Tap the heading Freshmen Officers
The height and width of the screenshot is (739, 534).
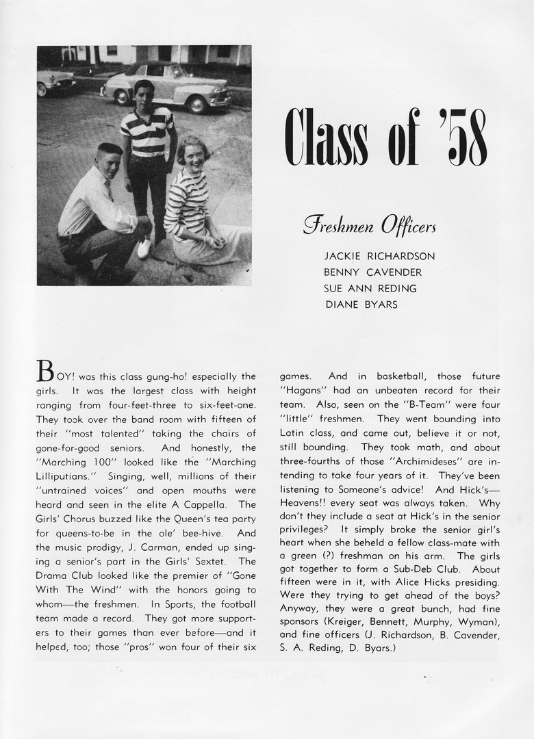pyautogui.click(x=369, y=225)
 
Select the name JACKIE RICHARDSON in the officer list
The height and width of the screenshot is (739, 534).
pyautogui.click(x=379, y=257)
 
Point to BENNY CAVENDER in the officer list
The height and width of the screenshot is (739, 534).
pyautogui.click(x=372, y=272)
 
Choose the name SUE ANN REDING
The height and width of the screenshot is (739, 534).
pyautogui.click(x=370, y=288)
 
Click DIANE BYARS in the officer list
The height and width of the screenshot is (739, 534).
pyautogui.click(x=360, y=304)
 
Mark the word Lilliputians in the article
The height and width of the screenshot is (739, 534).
pyautogui.click(x=67, y=474)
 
